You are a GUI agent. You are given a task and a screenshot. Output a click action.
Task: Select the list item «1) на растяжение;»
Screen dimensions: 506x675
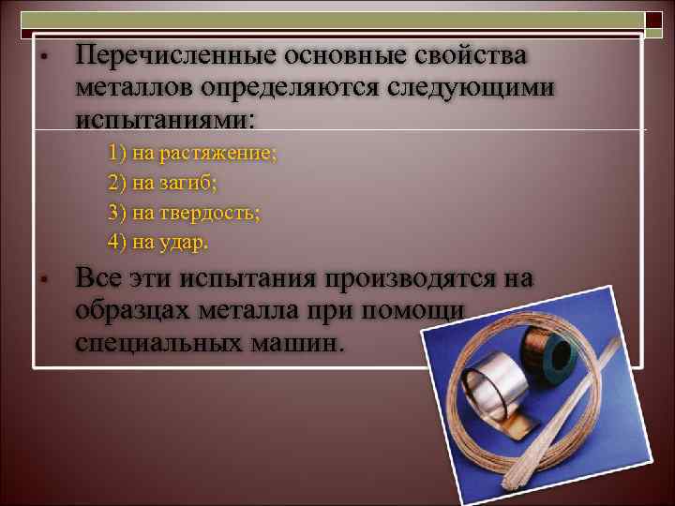[192, 153]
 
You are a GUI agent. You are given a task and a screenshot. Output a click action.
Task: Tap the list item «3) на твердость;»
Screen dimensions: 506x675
[184, 212]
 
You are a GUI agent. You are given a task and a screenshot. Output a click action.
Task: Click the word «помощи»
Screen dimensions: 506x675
[427, 311]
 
